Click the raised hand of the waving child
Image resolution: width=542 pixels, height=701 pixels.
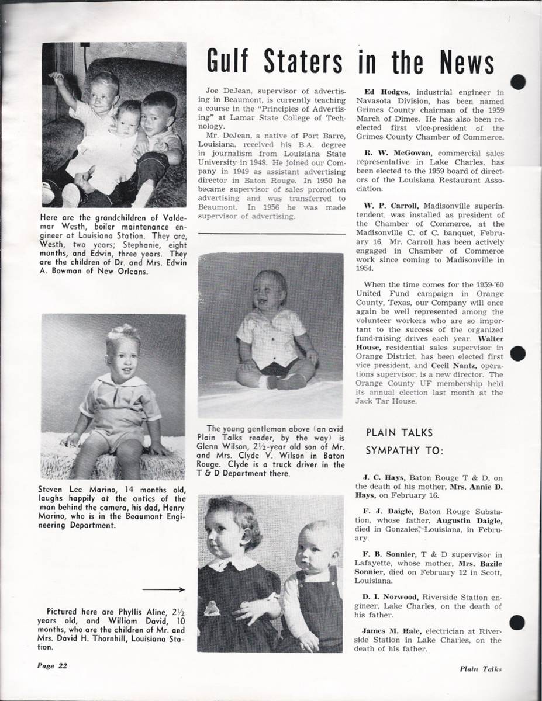pyautogui.click(x=56, y=77)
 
